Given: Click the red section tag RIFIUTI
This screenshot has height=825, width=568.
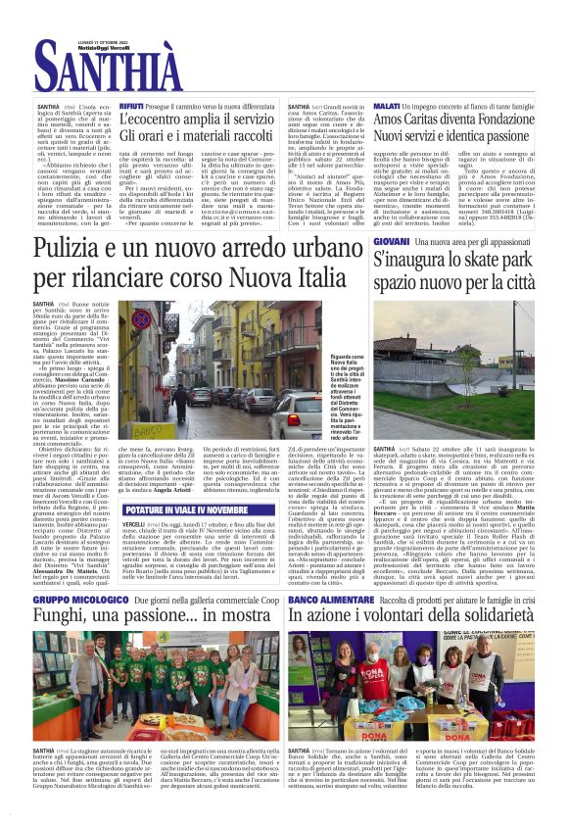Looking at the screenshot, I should pyautogui.click(x=132, y=105).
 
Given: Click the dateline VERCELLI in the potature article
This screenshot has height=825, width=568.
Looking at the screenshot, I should pyautogui.click(x=137, y=524).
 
